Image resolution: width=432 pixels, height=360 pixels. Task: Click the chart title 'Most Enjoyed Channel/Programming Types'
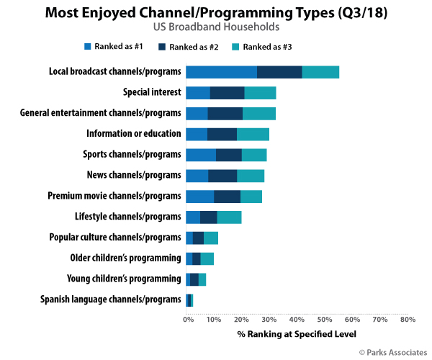click(215, 12)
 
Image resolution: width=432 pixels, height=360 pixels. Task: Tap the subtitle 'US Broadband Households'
click(215, 27)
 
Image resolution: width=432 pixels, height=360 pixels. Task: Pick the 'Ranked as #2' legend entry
click(186, 47)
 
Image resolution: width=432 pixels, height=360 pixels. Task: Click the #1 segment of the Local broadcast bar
click(221, 71)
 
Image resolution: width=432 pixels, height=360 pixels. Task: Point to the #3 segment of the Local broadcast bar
click(320, 71)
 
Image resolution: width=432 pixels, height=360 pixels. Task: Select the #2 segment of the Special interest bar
click(228, 92)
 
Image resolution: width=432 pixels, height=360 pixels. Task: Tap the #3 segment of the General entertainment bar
click(259, 113)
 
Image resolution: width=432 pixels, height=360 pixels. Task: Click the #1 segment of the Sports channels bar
click(201, 155)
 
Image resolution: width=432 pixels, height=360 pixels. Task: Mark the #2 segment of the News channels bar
click(222, 176)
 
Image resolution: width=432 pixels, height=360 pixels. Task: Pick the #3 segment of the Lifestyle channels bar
click(229, 217)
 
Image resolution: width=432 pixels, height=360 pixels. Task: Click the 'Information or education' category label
click(133, 134)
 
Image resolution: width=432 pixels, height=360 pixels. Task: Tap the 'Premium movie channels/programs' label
click(114, 197)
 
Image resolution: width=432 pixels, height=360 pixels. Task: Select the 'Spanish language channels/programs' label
click(109, 300)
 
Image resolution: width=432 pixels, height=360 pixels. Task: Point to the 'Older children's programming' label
click(125, 258)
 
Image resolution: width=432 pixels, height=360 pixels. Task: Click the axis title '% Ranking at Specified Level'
click(296, 334)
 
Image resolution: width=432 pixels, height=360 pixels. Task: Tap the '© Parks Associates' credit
click(392, 351)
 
